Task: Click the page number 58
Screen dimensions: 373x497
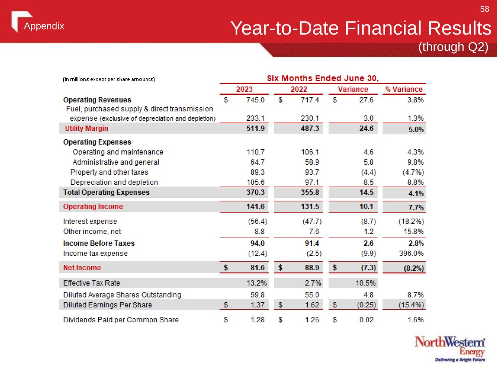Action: point(484,9)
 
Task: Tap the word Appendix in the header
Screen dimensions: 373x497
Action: point(44,26)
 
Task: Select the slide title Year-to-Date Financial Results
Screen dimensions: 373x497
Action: point(361,28)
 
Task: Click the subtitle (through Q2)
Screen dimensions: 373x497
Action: point(453,47)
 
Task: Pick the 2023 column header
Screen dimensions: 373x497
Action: point(244,89)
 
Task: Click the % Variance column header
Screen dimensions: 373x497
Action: point(404,89)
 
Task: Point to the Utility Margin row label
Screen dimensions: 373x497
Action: point(86,128)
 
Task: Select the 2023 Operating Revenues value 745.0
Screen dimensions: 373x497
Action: point(255,100)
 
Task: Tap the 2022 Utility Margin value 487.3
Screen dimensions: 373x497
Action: point(310,128)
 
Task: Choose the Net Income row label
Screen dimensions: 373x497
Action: point(82,267)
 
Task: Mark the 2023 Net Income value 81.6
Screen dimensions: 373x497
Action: point(257,267)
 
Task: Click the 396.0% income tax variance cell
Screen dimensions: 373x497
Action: point(411,253)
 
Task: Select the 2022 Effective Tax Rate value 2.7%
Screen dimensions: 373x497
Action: point(313,283)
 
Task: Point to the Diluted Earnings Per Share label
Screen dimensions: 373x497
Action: point(107,305)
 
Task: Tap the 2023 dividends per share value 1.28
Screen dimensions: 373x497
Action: point(257,319)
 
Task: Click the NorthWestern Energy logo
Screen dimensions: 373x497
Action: point(450,349)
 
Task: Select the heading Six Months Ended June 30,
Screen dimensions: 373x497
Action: point(323,78)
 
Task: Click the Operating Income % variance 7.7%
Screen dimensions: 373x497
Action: point(416,208)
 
